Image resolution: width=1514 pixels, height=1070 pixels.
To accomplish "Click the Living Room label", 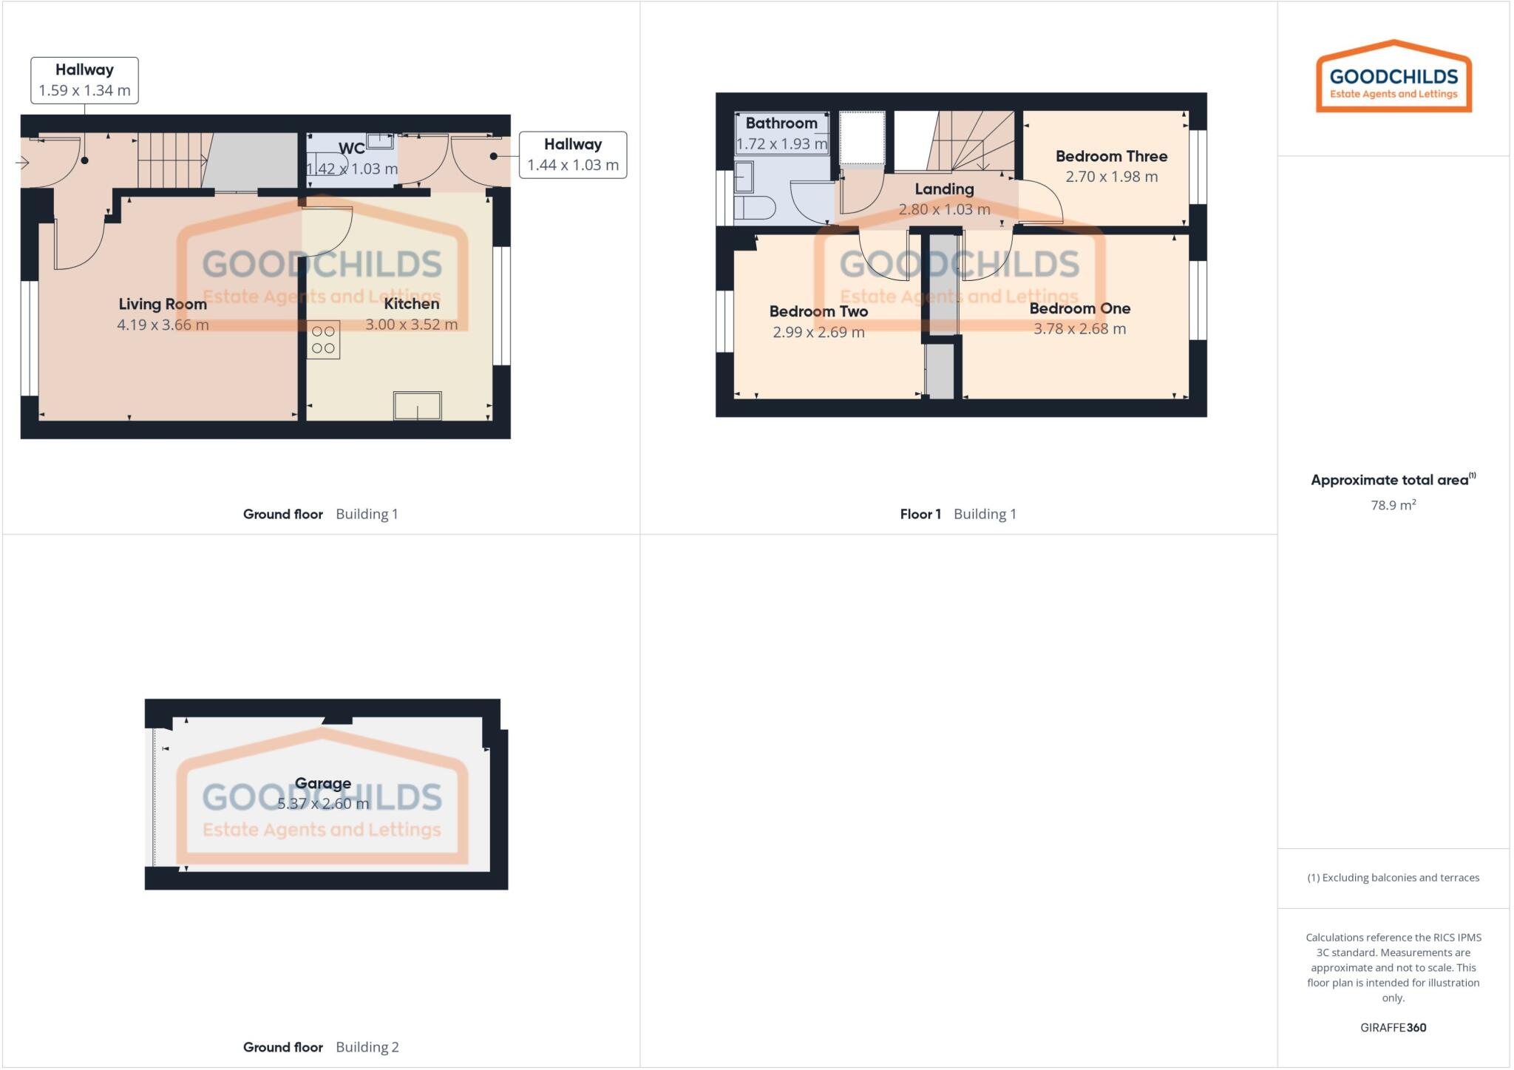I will pos(163,304).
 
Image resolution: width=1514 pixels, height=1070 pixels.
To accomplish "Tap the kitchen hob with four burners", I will pos(323,340).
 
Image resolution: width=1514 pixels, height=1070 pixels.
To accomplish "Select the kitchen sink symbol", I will pos(417,406).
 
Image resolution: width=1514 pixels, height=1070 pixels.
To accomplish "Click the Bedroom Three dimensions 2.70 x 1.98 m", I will pos(1111,177).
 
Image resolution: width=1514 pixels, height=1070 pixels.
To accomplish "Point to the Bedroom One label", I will pos(1079,308).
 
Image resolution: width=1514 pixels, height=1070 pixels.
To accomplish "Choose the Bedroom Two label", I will pos(818,311).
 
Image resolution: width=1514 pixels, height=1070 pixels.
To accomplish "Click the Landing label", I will pos(944,189).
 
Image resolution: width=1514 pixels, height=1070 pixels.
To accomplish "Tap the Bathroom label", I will pos(781,123).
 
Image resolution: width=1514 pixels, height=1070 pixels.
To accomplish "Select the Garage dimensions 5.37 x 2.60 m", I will pos(323,804).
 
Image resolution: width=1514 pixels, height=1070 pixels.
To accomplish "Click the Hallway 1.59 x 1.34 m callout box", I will pos(84,81).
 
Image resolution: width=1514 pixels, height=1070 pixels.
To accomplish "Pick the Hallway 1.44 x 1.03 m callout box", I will pos(573,155).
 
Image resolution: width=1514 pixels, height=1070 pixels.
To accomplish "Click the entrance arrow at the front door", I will pos(22,163).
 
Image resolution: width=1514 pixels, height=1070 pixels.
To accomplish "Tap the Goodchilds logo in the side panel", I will pos(1394,78).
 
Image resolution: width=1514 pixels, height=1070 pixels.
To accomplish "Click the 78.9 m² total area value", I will pos(1393,505).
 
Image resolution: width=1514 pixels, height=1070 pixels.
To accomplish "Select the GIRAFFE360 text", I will pos(1393,1027).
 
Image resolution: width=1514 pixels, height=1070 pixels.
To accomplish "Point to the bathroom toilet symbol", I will pos(754,208).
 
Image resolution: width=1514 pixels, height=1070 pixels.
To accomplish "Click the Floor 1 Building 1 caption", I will pos(957,514).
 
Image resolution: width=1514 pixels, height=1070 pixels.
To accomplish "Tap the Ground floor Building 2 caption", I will pos(321,1047).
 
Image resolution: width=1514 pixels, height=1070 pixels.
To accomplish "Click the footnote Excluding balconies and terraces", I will pos(1393,878).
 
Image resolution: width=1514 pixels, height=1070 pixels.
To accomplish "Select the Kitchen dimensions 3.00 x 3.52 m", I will pos(412,325).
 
